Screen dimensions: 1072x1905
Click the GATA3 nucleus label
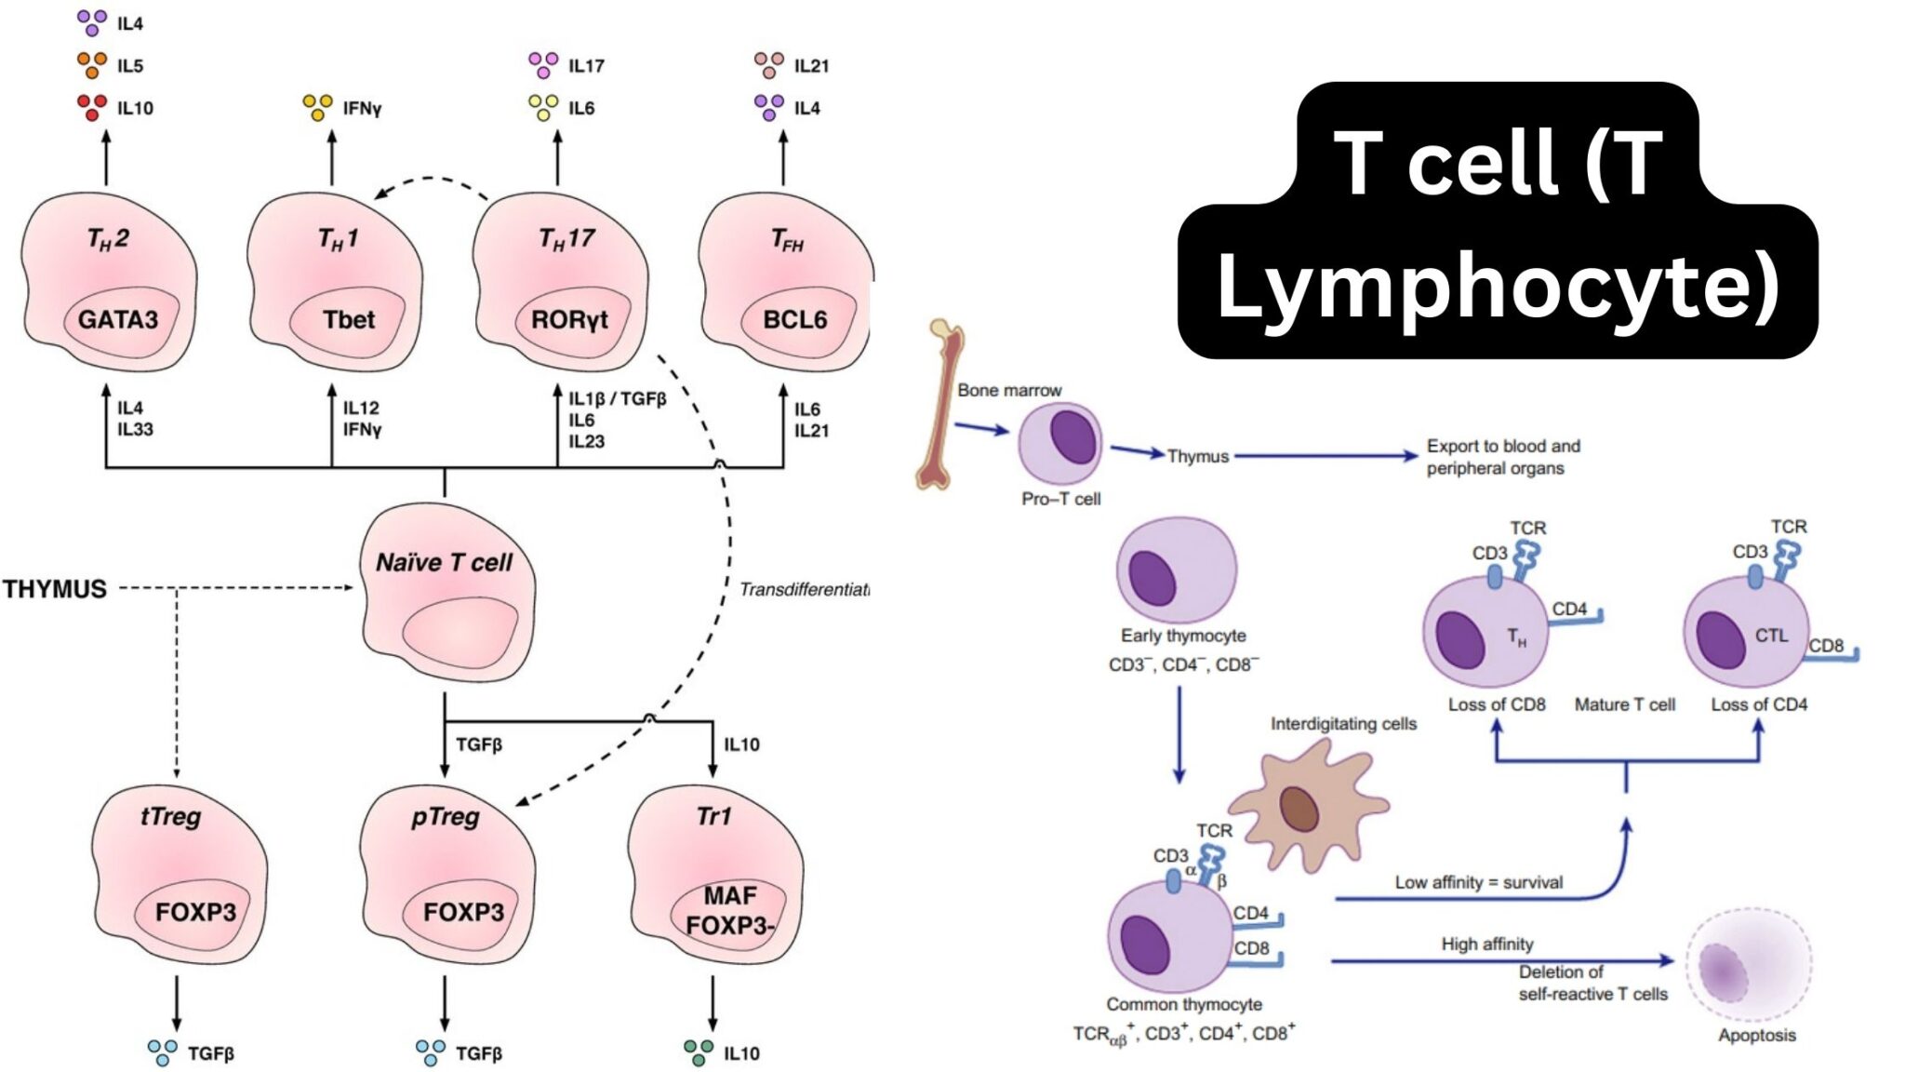point(117,319)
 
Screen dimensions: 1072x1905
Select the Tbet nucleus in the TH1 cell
point(348,319)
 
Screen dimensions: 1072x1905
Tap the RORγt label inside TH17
point(569,319)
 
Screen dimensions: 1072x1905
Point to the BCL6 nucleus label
point(794,319)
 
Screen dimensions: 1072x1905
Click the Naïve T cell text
point(444,562)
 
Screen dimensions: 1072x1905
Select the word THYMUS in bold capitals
point(55,589)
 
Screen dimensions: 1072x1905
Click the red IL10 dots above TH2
point(91,107)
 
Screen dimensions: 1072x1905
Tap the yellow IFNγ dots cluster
point(318,107)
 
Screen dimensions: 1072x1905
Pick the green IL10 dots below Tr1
point(699,1052)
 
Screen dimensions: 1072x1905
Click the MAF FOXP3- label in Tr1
point(730,910)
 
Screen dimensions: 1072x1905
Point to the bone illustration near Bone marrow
point(941,405)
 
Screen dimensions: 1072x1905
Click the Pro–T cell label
point(1060,499)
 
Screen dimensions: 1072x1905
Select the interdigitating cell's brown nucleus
point(1299,809)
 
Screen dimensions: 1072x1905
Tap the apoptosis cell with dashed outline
point(1748,968)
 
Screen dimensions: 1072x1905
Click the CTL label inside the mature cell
point(1771,636)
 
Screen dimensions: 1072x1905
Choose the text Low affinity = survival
point(1478,882)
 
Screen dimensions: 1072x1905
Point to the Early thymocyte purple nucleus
point(1152,578)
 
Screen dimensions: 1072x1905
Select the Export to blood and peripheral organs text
point(1502,457)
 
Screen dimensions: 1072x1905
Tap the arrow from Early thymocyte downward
point(1179,735)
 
